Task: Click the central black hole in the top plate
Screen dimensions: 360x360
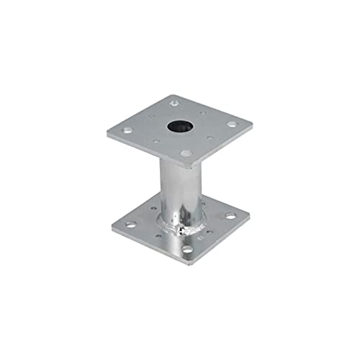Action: coord(177,126)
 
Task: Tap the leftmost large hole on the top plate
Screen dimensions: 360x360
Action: coord(127,130)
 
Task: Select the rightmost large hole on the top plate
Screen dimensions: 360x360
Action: coord(232,124)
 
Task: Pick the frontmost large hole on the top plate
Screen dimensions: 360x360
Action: coord(186,153)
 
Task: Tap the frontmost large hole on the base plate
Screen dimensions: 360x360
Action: coord(187,248)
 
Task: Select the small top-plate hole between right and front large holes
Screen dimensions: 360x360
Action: coord(210,138)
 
